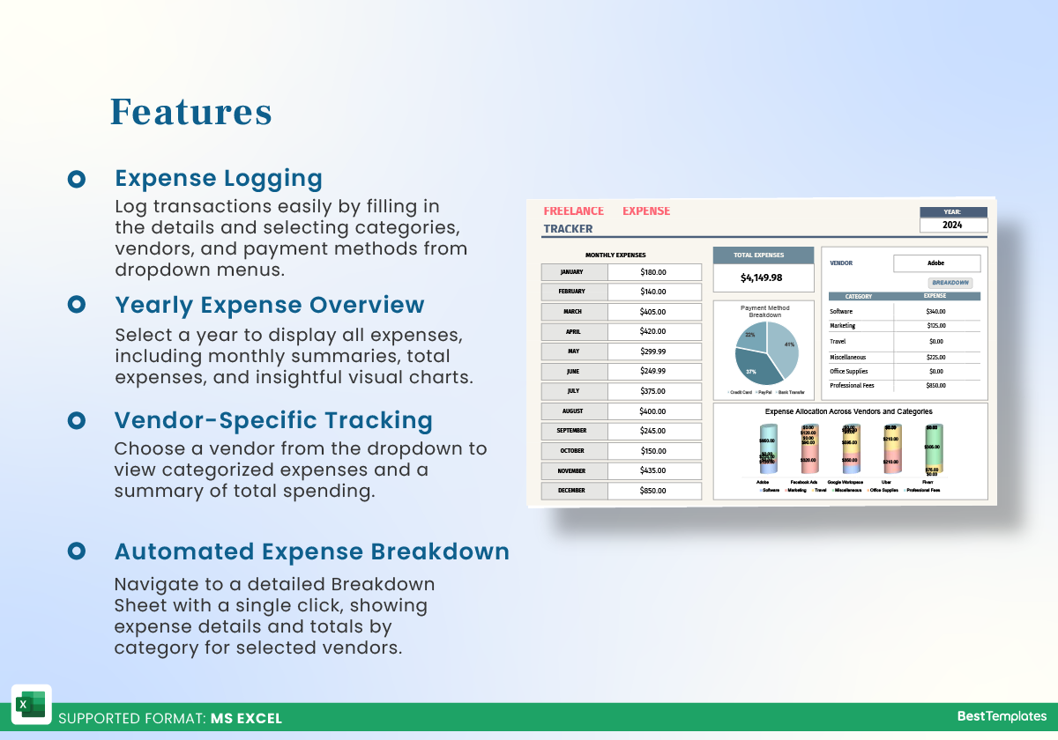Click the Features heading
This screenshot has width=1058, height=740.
(190, 112)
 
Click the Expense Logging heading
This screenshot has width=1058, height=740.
(219, 178)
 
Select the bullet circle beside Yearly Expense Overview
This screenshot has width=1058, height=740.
(77, 305)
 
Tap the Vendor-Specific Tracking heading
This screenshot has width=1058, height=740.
(273, 420)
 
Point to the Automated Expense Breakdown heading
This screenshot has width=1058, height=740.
(312, 551)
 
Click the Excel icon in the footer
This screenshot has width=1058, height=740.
(31, 705)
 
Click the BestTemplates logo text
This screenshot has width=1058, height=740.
(1002, 716)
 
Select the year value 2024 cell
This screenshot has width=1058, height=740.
(952, 225)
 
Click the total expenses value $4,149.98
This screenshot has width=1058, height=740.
(762, 277)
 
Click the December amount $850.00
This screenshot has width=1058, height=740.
(653, 491)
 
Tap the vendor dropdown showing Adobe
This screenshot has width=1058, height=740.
(936, 263)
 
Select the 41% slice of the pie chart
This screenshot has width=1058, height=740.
(784, 345)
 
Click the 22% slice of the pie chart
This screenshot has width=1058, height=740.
(751, 337)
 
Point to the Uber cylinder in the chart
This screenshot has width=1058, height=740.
(890, 450)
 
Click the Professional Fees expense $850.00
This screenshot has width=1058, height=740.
(935, 386)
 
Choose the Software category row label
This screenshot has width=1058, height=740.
(841, 312)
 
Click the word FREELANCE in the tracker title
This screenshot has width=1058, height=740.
(574, 211)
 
